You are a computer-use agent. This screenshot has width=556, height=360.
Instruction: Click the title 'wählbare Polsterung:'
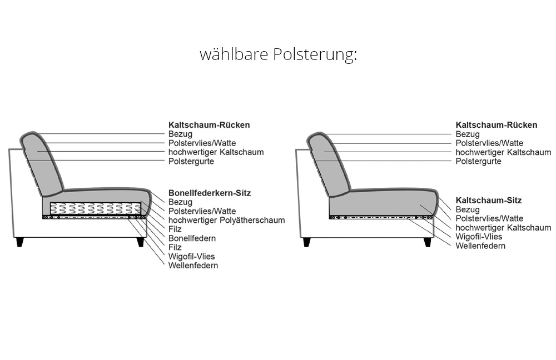click(x=278, y=55)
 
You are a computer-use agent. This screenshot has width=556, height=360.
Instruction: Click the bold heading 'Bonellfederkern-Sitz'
click(x=210, y=193)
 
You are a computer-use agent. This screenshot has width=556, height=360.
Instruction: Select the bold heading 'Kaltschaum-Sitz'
click(x=489, y=200)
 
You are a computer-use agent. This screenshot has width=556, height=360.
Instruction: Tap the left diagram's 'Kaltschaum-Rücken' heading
click(x=209, y=125)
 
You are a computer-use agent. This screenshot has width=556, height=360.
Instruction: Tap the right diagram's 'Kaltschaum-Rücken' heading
click(x=497, y=125)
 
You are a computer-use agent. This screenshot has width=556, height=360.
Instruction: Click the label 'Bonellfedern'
click(x=192, y=238)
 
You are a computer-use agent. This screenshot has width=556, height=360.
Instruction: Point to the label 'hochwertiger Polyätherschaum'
click(x=227, y=220)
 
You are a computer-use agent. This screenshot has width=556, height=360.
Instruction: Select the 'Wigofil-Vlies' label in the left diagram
click(x=191, y=256)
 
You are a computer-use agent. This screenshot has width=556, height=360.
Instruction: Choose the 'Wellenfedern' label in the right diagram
click(x=480, y=246)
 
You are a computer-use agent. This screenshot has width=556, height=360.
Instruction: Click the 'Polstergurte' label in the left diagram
click(x=191, y=161)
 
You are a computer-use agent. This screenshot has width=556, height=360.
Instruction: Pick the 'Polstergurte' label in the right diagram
click(x=478, y=161)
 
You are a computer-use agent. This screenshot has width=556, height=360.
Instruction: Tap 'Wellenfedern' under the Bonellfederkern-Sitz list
click(x=193, y=266)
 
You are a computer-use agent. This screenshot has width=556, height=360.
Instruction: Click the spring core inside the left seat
click(x=96, y=208)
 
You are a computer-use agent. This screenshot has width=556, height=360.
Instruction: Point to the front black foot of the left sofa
click(x=141, y=242)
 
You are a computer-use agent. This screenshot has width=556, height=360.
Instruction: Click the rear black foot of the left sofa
click(x=20, y=242)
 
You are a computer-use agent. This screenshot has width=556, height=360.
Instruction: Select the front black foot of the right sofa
click(x=428, y=242)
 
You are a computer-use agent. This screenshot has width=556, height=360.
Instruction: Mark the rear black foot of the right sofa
click(x=307, y=242)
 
